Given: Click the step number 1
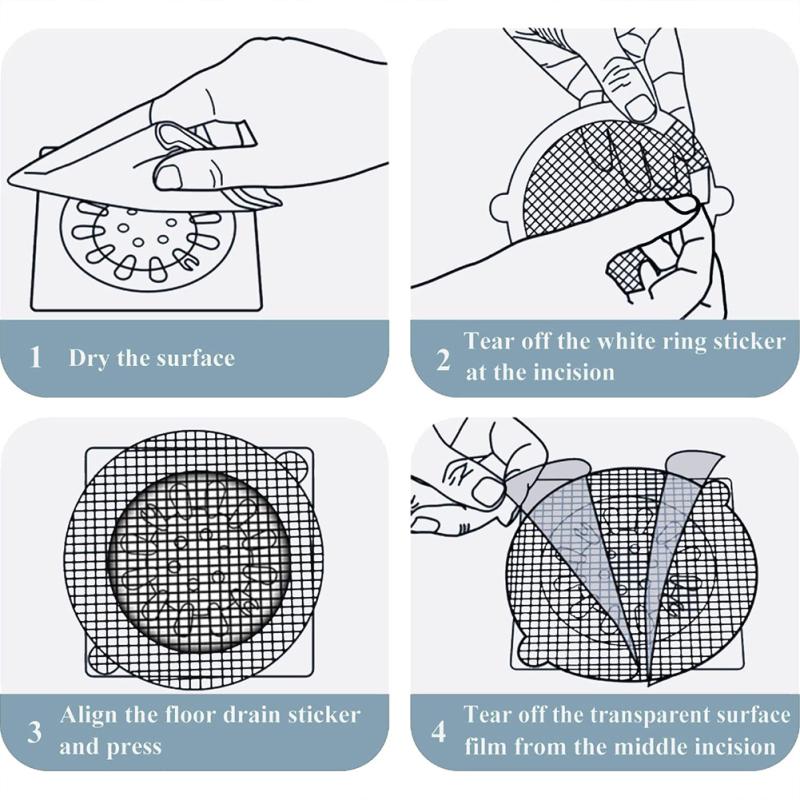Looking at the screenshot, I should point(36,357).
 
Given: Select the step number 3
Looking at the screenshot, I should point(35,732).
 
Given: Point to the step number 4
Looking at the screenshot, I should point(439,732).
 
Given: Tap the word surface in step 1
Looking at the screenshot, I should point(196,358).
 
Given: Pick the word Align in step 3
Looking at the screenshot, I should point(88,715).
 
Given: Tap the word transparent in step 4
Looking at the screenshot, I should point(651,715).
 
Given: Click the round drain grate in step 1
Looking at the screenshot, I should point(146,240).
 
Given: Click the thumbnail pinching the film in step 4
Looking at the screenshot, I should point(488,490).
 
